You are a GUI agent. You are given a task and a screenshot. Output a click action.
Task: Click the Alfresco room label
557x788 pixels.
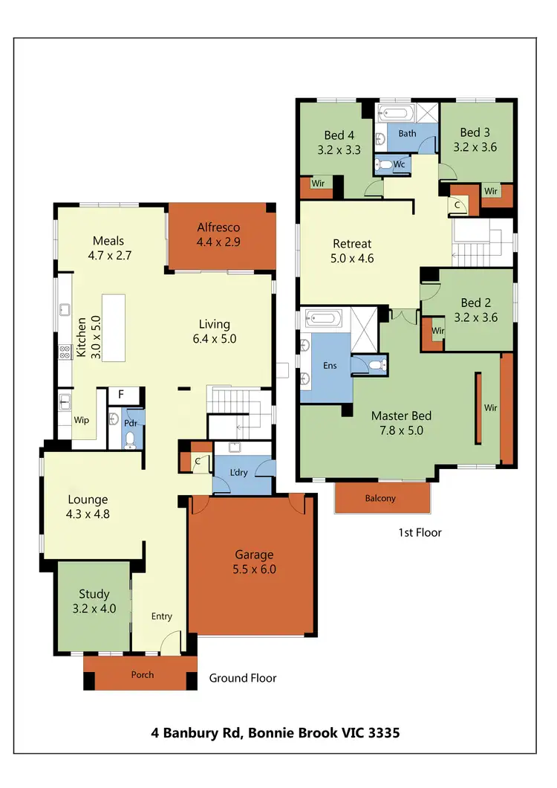click(219, 227)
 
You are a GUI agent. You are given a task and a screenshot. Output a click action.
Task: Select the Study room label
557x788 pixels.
click(94, 594)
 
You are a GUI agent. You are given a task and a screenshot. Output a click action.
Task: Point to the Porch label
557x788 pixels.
click(142, 674)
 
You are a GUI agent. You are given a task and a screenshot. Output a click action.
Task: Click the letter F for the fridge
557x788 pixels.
click(120, 394)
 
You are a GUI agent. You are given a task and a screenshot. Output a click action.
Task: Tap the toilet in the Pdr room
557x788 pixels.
click(131, 439)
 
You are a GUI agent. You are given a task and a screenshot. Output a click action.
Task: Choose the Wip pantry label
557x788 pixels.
click(82, 420)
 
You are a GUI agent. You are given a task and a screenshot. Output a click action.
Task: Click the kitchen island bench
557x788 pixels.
click(114, 328)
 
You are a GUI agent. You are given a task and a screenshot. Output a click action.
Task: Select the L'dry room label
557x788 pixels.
click(239, 473)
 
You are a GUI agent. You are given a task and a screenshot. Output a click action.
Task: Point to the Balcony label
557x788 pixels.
click(380, 498)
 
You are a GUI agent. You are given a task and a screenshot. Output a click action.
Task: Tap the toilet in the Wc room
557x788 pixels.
click(381, 165)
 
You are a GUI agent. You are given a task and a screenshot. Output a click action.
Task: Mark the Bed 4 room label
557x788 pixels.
click(334, 135)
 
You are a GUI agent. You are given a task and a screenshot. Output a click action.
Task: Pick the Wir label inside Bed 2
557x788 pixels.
click(437, 331)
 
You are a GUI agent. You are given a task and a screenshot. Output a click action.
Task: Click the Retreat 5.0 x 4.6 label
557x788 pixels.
click(352, 244)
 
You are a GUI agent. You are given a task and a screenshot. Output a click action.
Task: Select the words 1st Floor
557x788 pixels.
click(420, 532)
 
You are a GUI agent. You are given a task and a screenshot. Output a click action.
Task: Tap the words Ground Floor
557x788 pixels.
click(242, 678)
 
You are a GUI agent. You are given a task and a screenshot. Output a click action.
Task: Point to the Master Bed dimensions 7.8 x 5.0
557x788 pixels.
click(401, 430)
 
